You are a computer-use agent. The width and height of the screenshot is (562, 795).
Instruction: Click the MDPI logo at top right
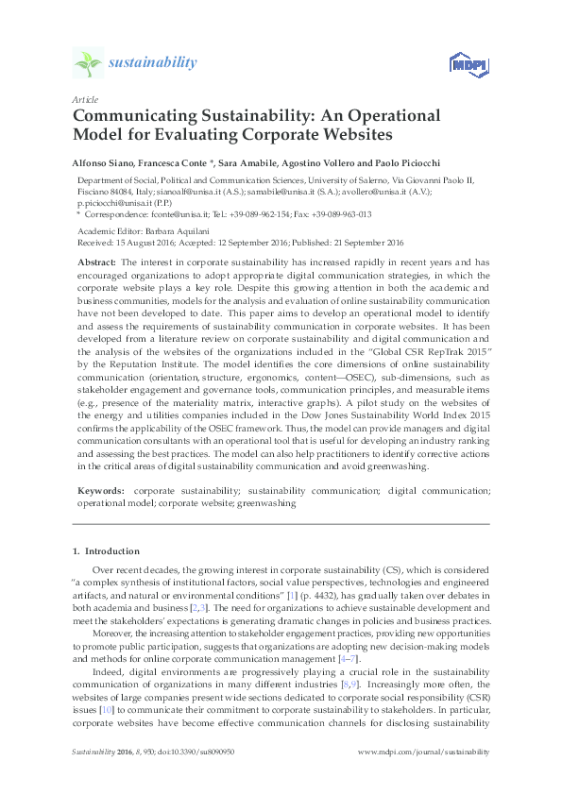[x=460, y=64]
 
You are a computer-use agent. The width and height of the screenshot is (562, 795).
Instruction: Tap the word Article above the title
[x=83, y=99]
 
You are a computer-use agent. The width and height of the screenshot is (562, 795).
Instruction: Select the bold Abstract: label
[x=96, y=259]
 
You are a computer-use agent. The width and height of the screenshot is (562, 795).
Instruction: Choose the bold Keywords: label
[x=100, y=491]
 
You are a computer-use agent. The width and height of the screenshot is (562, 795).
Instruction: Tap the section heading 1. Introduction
[x=106, y=550]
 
